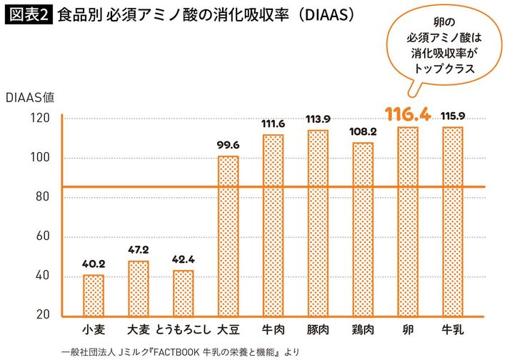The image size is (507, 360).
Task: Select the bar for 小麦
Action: (x=94, y=294)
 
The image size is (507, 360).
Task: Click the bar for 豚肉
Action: (x=317, y=221)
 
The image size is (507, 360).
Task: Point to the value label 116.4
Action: (x=407, y=114)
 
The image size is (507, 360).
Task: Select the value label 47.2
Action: (x=139, y=251)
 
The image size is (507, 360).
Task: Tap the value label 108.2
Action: (x=362, y=131)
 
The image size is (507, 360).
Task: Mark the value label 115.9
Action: (x=452, y=116)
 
